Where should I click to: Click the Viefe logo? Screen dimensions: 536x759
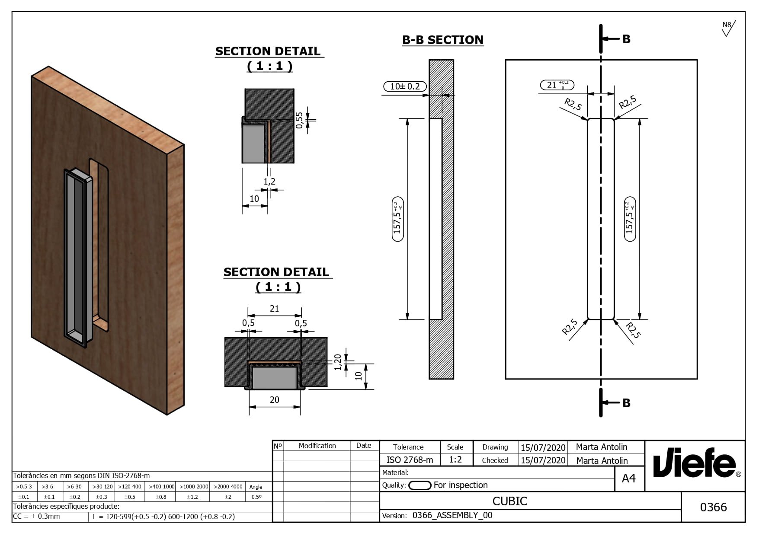point(695,466)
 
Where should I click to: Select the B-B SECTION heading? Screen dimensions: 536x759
point(442,40)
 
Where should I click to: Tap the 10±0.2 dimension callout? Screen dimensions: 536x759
point(405,86)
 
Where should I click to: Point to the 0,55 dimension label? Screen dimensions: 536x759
point(299,120)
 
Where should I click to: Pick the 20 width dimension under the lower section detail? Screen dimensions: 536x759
point(274,400)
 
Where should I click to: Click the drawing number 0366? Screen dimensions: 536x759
point(713,507)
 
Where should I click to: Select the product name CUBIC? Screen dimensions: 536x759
point(509,501)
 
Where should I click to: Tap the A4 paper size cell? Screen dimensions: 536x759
point(629,479)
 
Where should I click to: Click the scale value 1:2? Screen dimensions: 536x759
point(455,459)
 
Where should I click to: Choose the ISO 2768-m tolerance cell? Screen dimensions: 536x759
point(410,460)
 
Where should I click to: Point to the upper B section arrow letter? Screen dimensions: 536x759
point(626,39)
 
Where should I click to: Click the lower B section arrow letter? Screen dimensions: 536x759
point(626,403)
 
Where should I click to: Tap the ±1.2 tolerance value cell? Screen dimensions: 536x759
point(192,497)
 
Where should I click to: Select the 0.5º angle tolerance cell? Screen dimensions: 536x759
point(256,497)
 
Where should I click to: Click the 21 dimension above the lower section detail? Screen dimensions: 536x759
point(274,309)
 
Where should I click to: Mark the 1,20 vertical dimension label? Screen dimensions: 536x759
point(338,362)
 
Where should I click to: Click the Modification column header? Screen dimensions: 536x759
point(317,446)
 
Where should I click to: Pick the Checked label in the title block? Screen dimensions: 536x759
point(495,460)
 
